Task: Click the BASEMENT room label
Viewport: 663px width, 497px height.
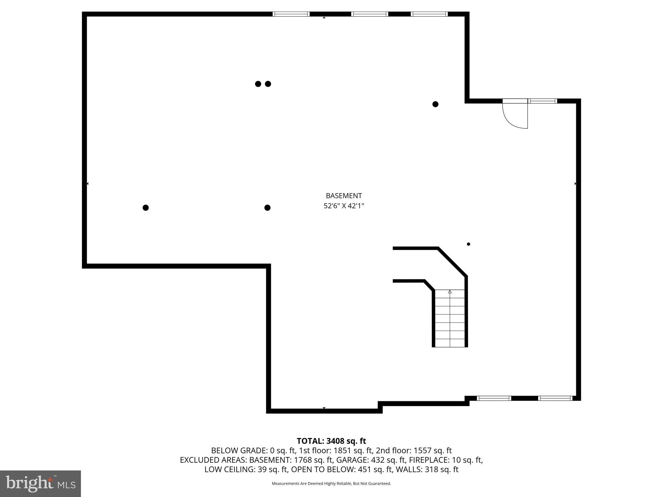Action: [344, 196]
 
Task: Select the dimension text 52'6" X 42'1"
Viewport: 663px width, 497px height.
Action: [344, 206]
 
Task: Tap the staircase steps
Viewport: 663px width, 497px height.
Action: [450, 319]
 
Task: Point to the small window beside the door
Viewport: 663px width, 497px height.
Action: [543, 101]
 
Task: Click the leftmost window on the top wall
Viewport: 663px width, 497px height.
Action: [291, 14]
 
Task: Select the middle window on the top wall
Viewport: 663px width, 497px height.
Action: [369, 14]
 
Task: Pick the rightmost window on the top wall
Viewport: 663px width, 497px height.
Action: [429, 14]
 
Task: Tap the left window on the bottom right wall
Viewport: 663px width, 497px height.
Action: [494, 398]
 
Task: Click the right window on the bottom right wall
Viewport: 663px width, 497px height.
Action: [555, 398]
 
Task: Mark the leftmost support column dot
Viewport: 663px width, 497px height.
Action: [146, 208]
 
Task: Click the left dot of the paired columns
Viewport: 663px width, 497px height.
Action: [258, 84]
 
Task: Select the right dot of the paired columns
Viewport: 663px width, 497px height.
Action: [268, 84]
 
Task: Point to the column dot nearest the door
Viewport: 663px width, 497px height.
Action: [435, 104]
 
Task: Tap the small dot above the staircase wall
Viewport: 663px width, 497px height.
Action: [468, 244]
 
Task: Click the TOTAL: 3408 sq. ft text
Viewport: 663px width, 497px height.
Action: [331, 441]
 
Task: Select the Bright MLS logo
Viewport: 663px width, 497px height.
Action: [40, 483]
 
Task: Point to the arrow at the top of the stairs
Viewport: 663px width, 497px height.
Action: [450, 292]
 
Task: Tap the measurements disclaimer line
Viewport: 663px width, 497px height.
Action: [331, 483]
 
